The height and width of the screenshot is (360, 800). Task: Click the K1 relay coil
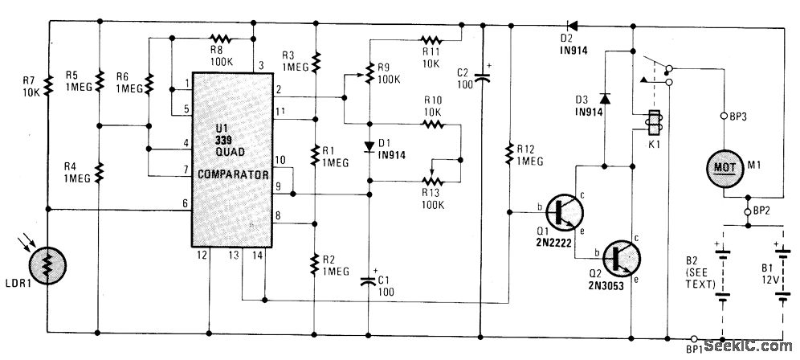[x=653, y=125]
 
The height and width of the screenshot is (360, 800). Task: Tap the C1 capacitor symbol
[x=369, y=278]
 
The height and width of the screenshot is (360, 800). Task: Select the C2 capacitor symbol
[x=482, y=76]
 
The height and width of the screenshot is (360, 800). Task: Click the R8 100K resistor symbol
[x=218, y=37]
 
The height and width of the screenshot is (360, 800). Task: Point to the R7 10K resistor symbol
[x=48, y=84]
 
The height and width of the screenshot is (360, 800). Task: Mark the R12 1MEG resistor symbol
[x=511, y=152]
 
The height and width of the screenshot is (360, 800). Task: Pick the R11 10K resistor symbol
[x=431, y=39]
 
